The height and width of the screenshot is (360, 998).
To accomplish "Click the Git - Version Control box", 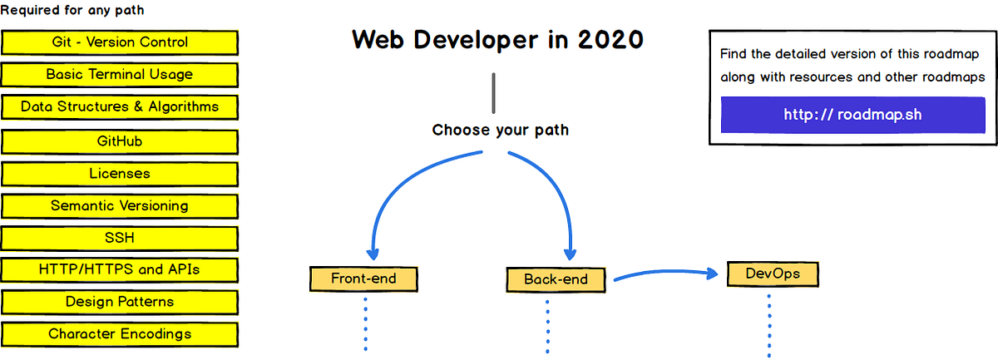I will click(120, 42).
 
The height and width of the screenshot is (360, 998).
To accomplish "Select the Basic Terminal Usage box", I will click(120, 75).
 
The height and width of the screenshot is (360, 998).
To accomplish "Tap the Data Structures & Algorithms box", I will click(120, 106).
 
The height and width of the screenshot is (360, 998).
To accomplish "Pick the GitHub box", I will click(120, 141).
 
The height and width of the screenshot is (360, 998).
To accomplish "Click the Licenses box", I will click(120, 174).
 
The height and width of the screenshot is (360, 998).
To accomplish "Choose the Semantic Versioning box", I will click(120, 205).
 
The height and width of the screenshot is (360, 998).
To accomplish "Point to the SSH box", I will click(120, 238).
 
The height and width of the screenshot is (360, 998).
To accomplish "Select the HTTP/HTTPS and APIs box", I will click(120, 269).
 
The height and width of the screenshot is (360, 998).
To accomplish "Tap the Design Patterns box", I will click(120, 302).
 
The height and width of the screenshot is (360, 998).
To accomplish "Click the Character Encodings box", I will click(120, 334).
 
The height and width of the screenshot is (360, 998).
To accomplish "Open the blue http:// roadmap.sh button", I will click(852, 115).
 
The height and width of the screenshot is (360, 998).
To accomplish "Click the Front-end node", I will click(363, 279).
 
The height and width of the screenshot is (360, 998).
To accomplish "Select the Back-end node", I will click(556, 280).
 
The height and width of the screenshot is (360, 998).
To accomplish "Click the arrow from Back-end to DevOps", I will click(665, 272).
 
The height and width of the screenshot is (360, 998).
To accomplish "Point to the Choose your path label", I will click(501, 131).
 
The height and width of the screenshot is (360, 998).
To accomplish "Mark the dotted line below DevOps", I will click(769, 324).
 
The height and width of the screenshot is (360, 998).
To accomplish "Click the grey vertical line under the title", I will click(494, 93).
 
